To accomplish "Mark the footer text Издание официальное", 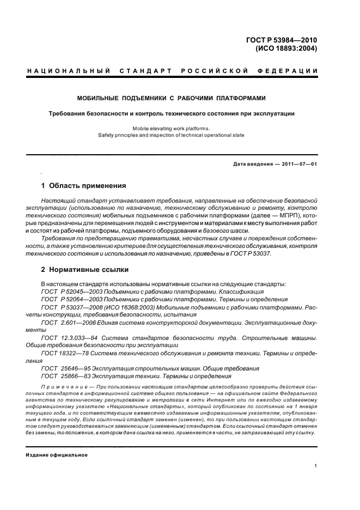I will (x=57, y=455).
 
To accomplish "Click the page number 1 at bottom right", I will (x=316, y=466).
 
